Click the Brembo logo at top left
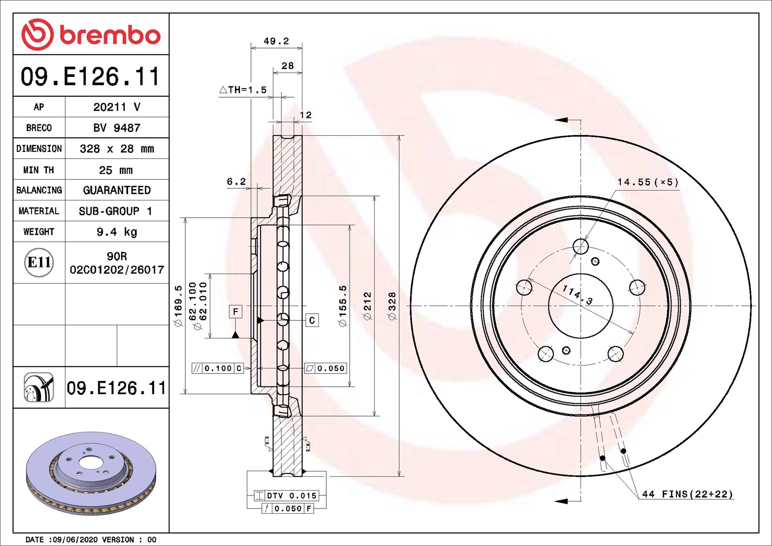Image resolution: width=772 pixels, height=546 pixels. pyautogui.click(x=91, y=35)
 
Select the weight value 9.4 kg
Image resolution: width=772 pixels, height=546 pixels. pyautogui.click(x=117, y=232)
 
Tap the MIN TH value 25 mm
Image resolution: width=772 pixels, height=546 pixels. pyautogui.click(x=116, y=170)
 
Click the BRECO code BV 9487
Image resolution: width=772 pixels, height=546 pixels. pyautogui.click(x=117, y=128)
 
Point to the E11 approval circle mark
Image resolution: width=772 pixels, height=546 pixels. pyautogui.click(x=39, y=262)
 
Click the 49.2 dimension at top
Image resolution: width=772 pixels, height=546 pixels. pyautogui.click(x=276, y=41)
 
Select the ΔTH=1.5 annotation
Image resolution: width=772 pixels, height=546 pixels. pyautogui.click(x=243, y=90)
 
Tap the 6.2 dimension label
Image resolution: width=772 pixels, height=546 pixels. pyautogui.click(x=236, y=181)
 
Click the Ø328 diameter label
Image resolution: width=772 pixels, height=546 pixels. pyautogui.click(x=392, y=306)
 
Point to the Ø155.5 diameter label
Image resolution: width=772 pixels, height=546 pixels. pyautogui.click(x=343, y=306)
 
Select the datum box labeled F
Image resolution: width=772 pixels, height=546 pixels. pyautogui.click(x=235, y=312)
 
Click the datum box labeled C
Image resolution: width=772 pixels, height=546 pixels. pyautogui.click(x=312, y=321)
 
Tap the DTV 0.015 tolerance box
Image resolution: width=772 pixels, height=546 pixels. pyautogui.click(x=286, y=496)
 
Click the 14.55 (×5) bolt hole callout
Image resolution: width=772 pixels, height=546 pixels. pyautogui.click(x=648, y=182)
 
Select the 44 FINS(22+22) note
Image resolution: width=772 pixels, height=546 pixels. pyautogui.click(x=687, y=494)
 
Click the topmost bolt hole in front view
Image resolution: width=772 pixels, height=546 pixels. pyautogui.click(x=580, y=246)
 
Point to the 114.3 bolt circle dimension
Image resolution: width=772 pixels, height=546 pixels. pyautogui.click(x=577, y=294)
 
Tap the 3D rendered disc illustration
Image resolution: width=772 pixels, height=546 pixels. pyautogui.click(x=91, y=473)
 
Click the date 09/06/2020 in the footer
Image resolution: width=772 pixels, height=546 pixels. pyautogui.click(x=75, y=539)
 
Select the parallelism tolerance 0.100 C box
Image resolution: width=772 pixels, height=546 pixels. pyautogui.click(x=218, y=369)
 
